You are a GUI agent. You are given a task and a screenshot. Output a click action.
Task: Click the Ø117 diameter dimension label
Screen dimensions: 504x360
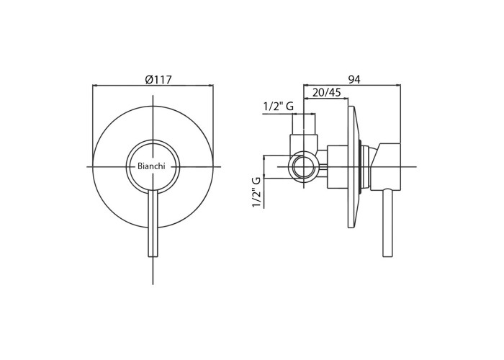[x=158, y=79]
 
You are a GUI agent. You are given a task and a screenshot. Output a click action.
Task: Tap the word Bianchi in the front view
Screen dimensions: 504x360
[x=151, y=166]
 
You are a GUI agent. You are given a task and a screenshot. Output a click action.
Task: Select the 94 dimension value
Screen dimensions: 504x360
[x=354, y=79]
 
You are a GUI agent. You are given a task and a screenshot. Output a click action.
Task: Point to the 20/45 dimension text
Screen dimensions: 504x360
[x=326, y=93]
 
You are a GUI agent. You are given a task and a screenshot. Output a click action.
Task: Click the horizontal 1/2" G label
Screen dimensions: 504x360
[x=279, y=107]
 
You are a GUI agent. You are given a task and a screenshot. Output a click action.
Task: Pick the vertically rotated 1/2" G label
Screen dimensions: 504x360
[x=257, y=192]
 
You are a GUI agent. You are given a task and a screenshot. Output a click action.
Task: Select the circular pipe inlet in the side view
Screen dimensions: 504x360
[x=303, y=167]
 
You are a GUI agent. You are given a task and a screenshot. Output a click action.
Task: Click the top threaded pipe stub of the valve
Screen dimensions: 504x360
[x=304, y=125]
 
